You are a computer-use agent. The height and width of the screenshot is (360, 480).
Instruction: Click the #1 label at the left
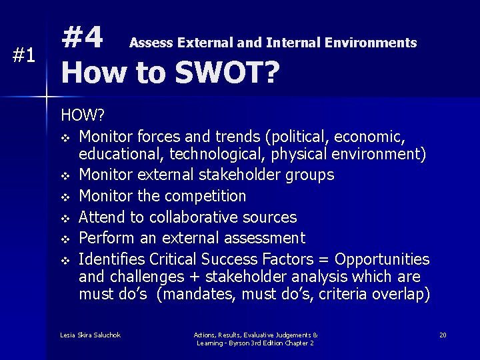(24, 56)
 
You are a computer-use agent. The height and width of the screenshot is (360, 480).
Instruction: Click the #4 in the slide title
(82, 39)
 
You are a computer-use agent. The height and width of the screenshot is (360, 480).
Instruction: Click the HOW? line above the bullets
(83, 115)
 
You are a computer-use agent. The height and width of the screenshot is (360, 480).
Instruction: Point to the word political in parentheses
(299, 136)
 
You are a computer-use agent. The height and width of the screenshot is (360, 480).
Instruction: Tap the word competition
(207, 196)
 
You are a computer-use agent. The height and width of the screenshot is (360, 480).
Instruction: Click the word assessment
(265, 238)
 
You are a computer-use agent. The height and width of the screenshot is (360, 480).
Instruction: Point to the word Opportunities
(382, 259)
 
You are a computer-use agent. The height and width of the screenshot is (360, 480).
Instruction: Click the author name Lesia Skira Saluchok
(90, 335)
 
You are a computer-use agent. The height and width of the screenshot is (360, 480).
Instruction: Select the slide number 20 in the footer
(443, 335)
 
